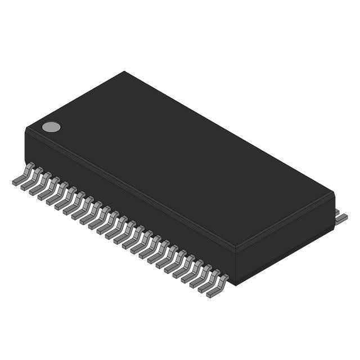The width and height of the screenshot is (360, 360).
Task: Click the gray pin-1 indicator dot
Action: coord(51,127)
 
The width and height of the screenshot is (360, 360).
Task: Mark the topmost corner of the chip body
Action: coord(124,72)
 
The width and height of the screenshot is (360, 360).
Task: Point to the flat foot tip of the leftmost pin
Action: coord(16,181)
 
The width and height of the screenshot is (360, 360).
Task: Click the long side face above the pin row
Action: coord(129,202)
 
